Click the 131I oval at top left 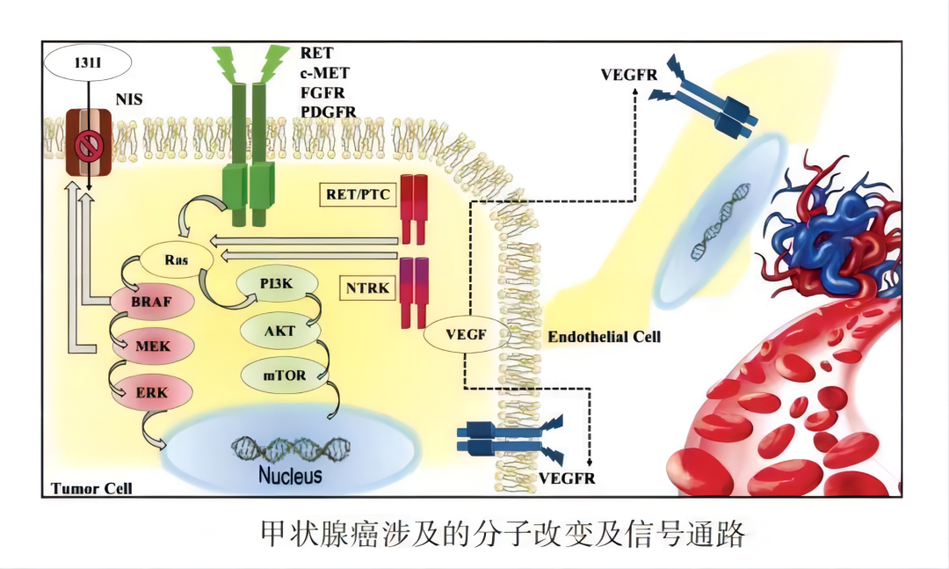coord(88,62)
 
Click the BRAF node coord(152,303)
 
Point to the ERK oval coord(152,390)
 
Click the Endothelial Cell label coord(604,337)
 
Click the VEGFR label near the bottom coord(567,478)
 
